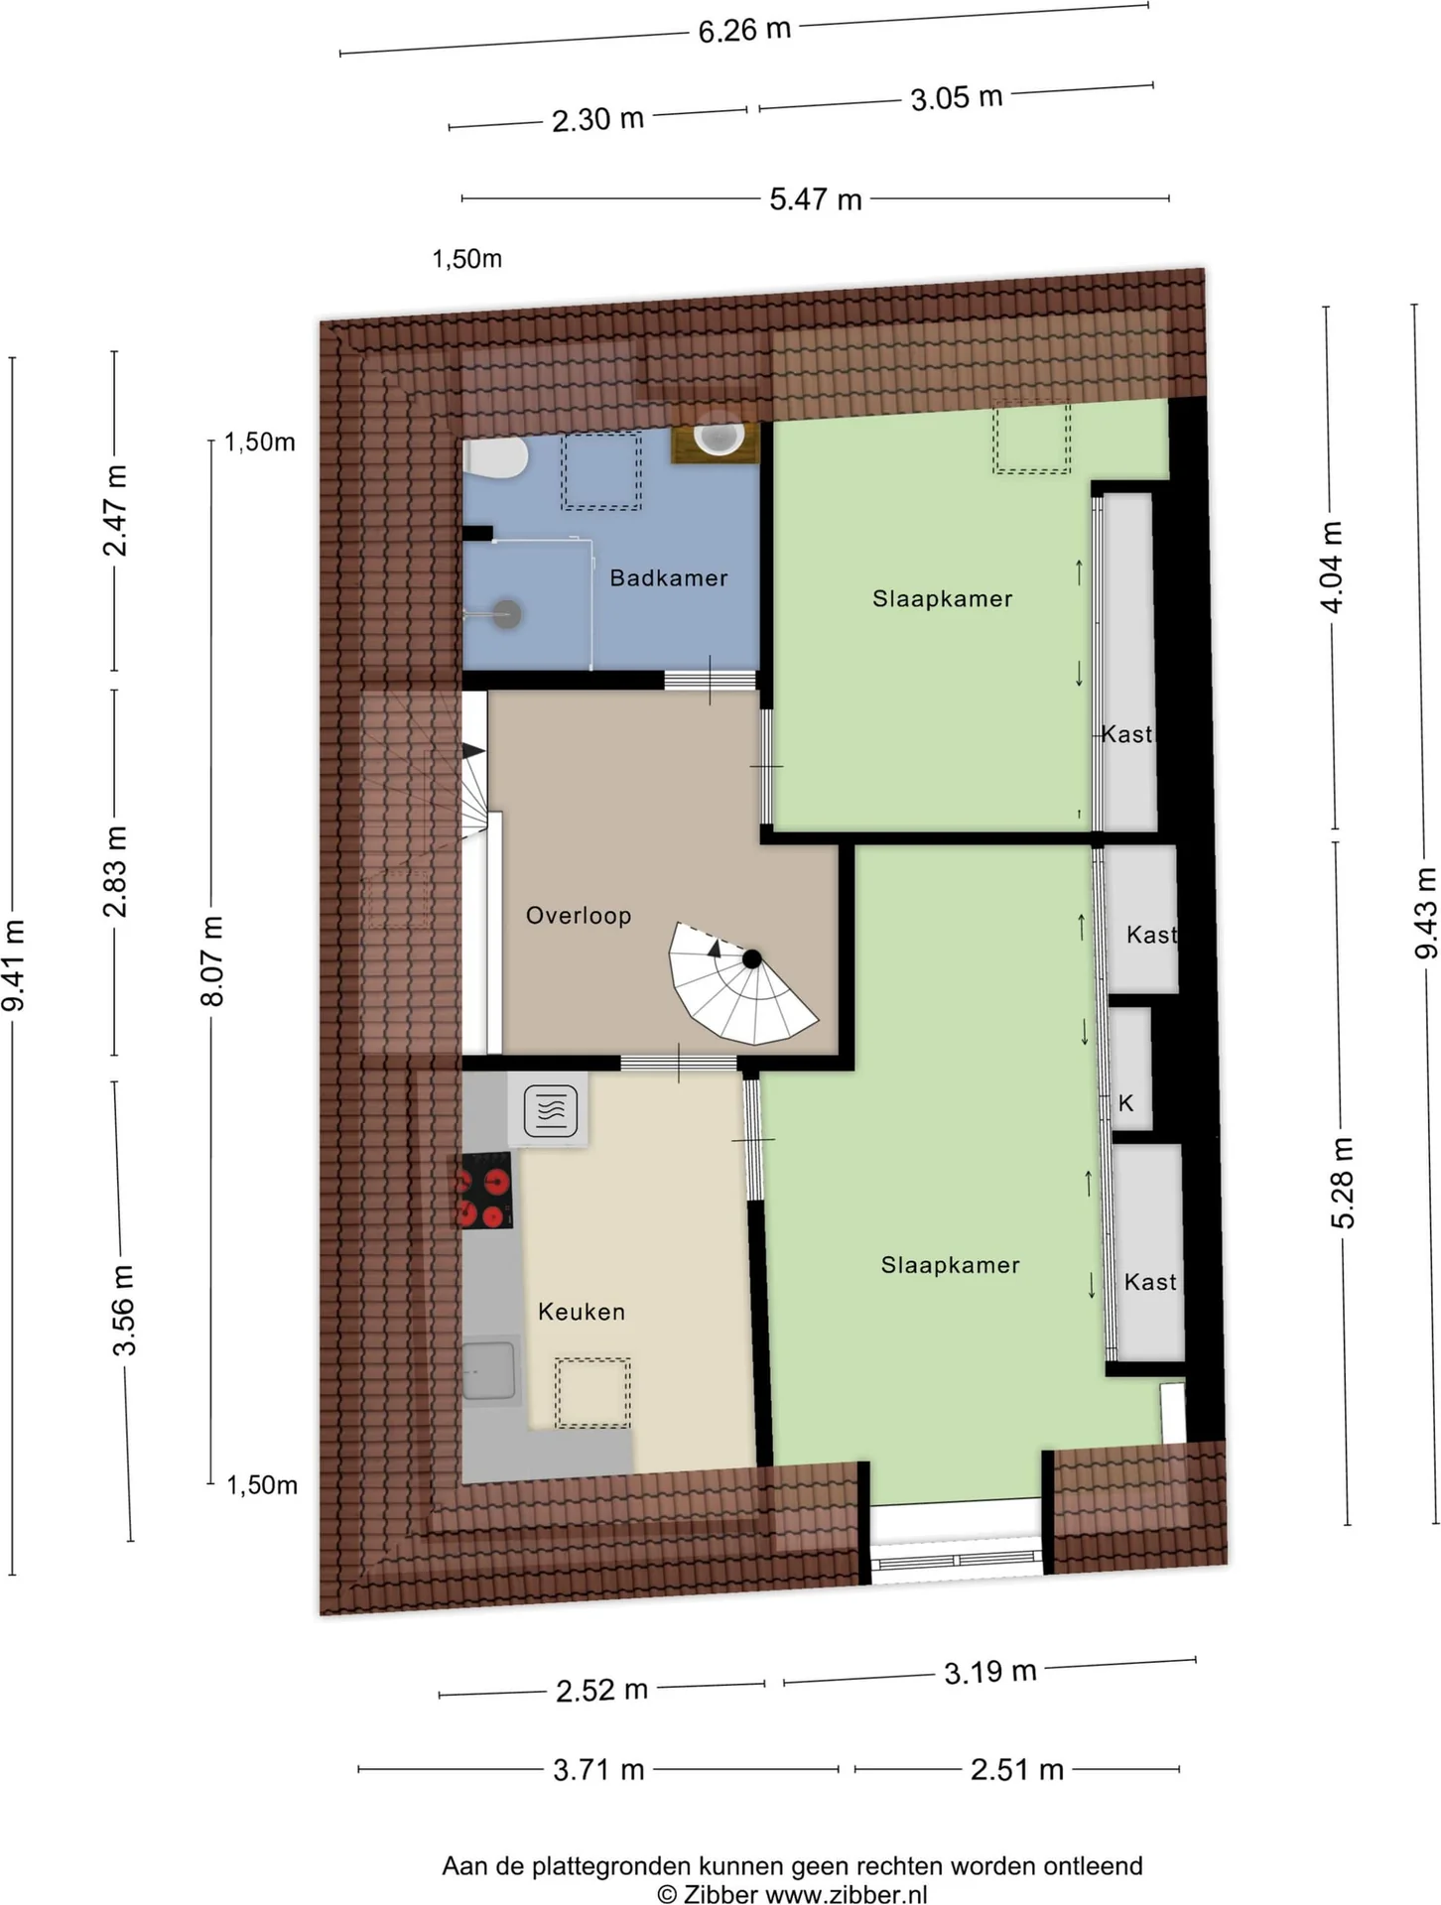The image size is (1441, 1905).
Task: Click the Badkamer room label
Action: click(668, 577)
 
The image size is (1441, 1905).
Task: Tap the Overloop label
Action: click(579, 915)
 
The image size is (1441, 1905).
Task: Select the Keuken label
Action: click(582, 1312)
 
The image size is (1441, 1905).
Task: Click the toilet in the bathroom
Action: click(495, 458)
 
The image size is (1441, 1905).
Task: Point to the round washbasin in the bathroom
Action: click(718, 438)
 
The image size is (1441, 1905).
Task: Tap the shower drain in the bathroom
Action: click(507, 613)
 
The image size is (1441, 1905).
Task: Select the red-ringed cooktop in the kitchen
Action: click(485, 1190)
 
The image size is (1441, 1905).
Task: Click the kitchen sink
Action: click(489, 1371)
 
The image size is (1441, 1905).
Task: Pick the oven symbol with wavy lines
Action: click(551, 1109)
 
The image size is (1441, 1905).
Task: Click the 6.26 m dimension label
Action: click(744, 30)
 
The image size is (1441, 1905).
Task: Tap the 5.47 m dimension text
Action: click(815, 199)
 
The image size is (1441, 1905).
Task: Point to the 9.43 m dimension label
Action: click(1425, 913)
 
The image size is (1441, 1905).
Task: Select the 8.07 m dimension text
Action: click(212, 960)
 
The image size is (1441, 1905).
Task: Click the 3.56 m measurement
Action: click(123, 1310)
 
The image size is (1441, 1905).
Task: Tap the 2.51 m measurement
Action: click(1016, 1769)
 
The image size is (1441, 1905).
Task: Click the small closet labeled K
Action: click(1128, 1070)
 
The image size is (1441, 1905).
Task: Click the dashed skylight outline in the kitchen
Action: click(592, 1392)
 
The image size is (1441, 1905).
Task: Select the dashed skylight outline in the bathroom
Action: click(601, 471)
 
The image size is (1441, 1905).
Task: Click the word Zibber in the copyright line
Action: click(720, 1894)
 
